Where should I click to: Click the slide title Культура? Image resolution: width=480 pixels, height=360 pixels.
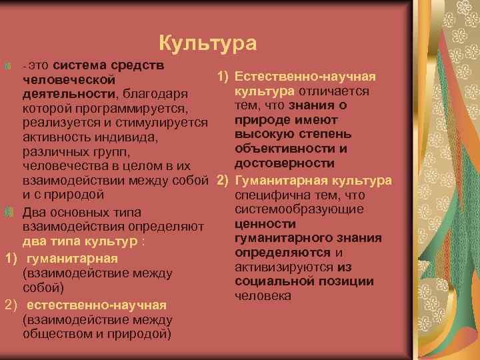coord(208,44)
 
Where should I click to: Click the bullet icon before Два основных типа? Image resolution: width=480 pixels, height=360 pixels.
coord(9,213)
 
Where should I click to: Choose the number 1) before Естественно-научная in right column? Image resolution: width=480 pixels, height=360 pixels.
coord(223,77)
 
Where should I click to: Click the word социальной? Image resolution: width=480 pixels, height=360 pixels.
coord(273,282)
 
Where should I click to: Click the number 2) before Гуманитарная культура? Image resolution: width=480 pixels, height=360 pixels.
coord(223,181)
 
